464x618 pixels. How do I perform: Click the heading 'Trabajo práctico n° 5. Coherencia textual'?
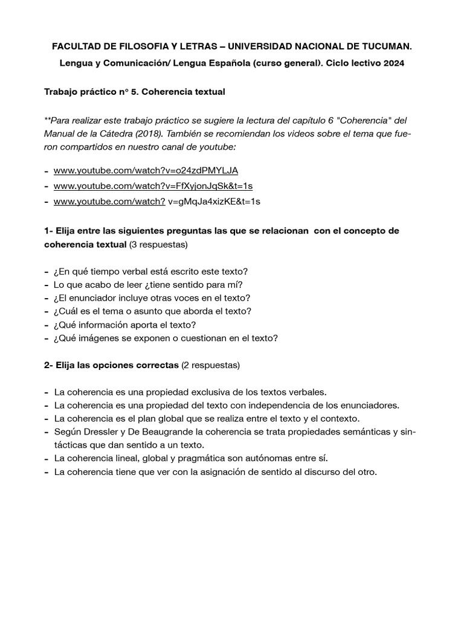click(135, 92)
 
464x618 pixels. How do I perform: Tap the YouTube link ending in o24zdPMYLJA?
click(146, 170)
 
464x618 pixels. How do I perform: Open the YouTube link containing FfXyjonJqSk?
click(153, 186)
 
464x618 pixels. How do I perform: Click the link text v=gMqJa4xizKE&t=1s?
click(214, 202)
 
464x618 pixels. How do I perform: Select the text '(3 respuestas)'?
click(159, 245)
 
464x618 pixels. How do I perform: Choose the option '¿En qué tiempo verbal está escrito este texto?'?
click(150, 272)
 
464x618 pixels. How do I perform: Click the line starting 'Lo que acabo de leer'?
click(148, 285)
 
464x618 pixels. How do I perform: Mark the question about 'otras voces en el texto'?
click(152, 298)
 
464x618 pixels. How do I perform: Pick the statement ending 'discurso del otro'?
click(215, 472)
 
